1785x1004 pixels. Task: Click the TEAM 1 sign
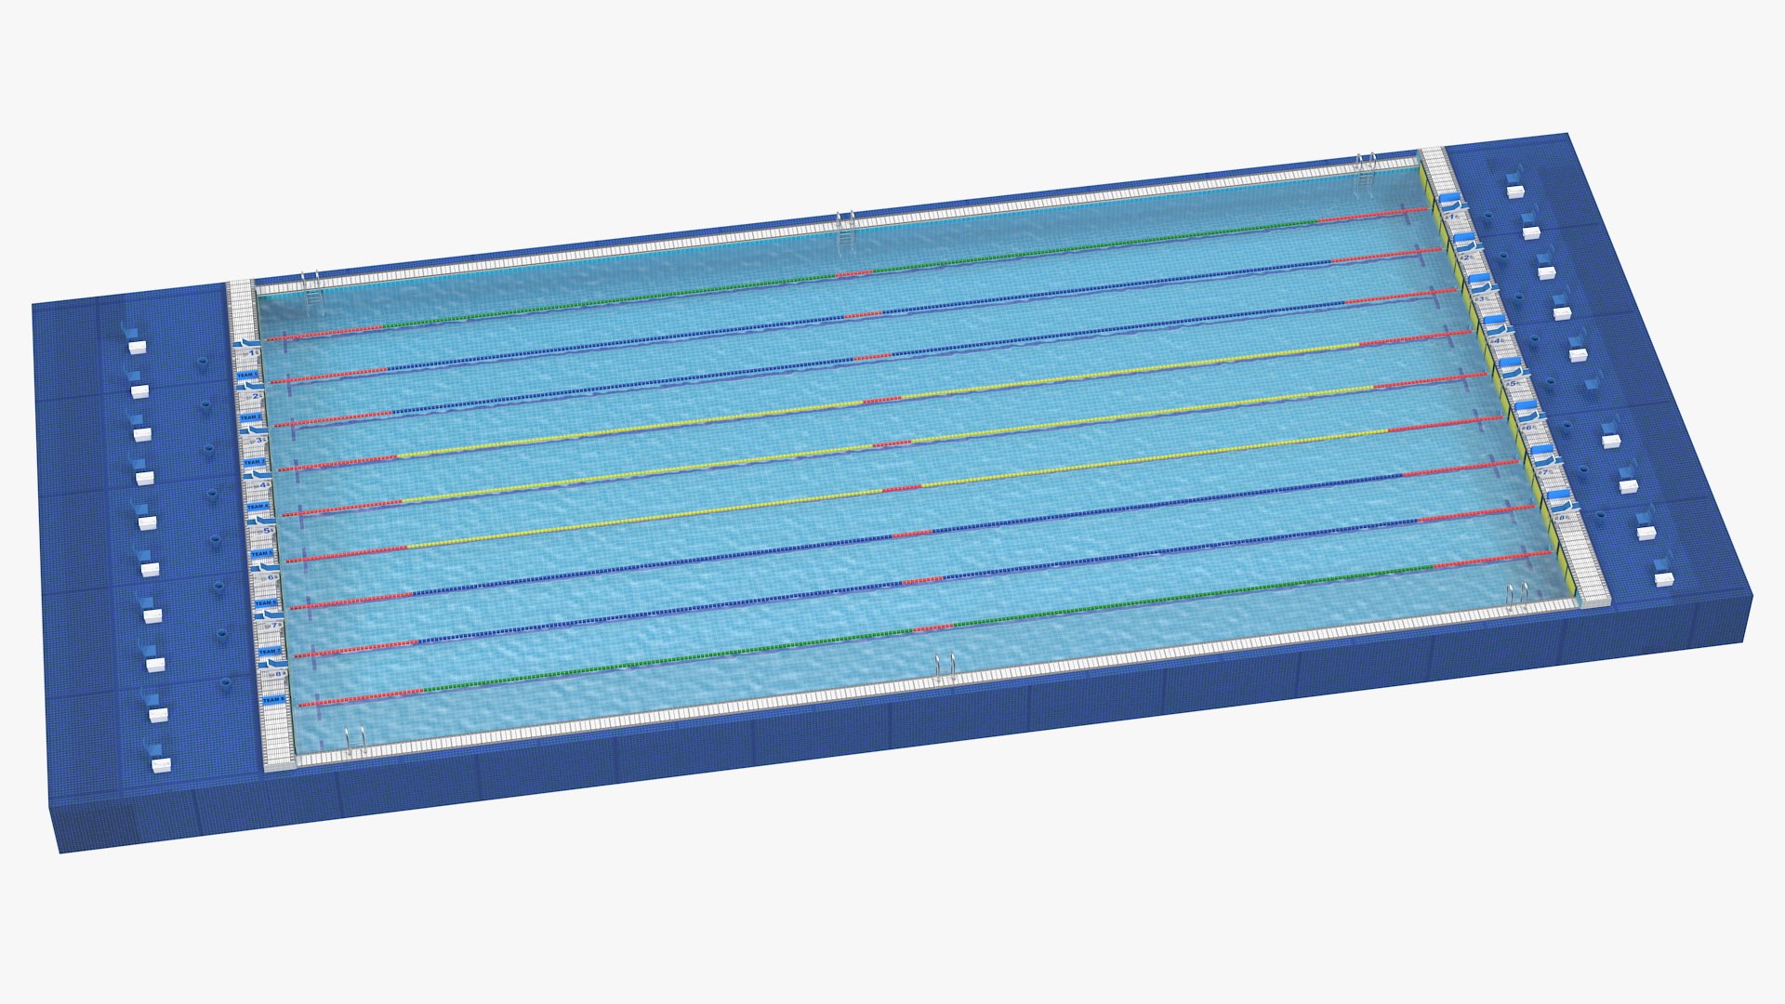click(246, 375)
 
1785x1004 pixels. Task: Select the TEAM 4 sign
click(258, 507)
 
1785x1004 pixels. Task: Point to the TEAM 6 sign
click(266, 602)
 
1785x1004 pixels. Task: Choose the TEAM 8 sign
click(273, 699)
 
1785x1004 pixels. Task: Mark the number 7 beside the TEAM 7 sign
click(275, 626)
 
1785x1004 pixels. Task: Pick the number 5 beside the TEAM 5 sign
click(269, 530)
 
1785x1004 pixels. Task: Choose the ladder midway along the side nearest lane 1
click(845, 225)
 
